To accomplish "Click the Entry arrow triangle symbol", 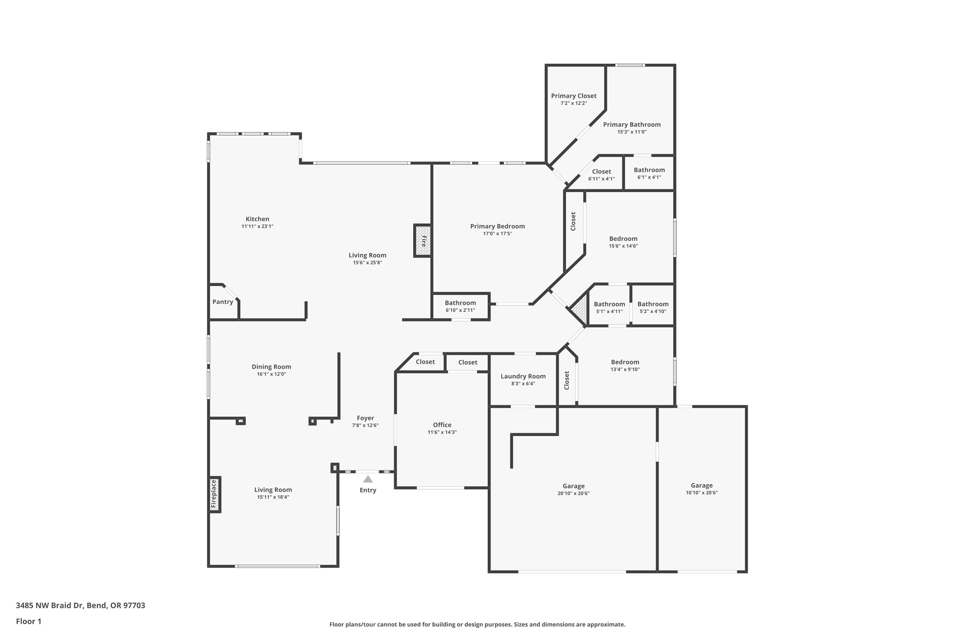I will [368, 479].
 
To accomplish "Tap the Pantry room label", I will [223, 302].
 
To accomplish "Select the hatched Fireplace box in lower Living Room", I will [214, 494].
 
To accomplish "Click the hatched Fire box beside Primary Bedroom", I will [423, 241].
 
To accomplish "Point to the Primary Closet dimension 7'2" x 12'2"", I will [573, 103].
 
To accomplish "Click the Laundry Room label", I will [523, 376].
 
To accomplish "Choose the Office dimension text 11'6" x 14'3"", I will [442, 432].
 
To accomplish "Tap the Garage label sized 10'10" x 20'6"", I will [702, 485].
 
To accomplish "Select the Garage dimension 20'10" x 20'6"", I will [573, 494].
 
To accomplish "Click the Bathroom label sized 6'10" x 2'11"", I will [460, 303].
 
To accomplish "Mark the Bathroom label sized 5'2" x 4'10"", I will [653, 304].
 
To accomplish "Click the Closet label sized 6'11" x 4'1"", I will [601, 171].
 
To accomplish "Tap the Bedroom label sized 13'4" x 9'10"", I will [625, 362].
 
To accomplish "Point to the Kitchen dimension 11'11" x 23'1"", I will [258, 226].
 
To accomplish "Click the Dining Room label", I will [271, 367].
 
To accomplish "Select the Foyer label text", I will [365, 418].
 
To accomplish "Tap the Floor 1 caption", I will [28, 621].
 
